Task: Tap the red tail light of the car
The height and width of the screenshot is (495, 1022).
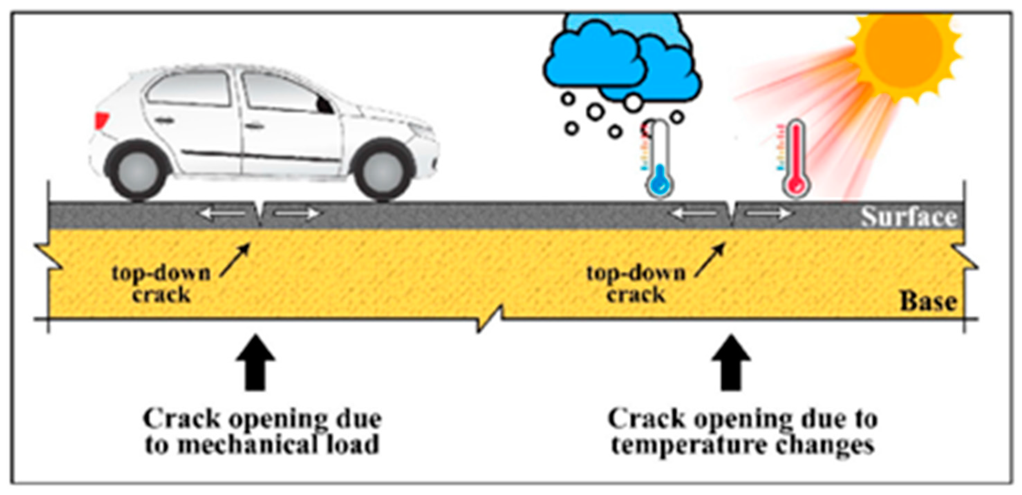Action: click(101, 119)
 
